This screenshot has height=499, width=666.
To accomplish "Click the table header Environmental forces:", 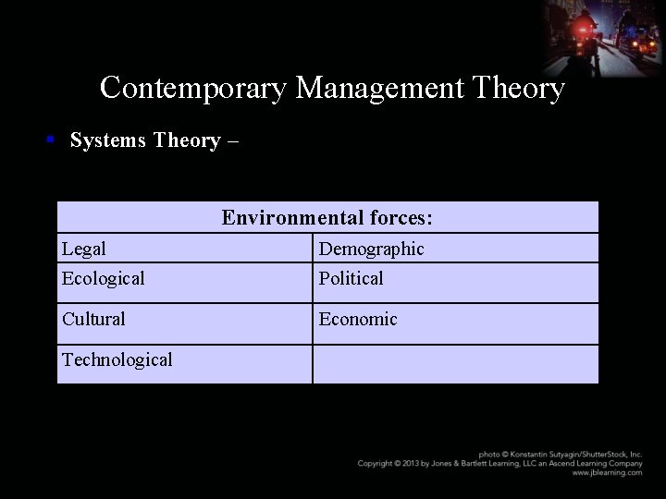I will pyautogui.click(x=327, y=218).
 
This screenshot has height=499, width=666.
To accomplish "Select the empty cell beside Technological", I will pyautogui.click(x=455, y=363).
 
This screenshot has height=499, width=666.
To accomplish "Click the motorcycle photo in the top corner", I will pyautogui.click(x=603, y=37).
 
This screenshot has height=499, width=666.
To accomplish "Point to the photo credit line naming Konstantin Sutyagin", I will pyautogui.click(x=560, y=454).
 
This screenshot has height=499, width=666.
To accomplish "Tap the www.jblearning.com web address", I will pyautogui.click(x=607, y=472).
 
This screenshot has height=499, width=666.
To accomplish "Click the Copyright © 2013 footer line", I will pyautogui.click(x=499, y=463).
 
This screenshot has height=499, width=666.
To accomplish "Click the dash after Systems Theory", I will pyautogui.click(x=232, y=140).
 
